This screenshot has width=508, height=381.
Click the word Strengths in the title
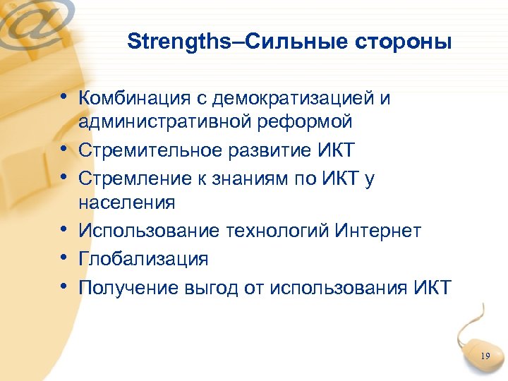pos(179,42)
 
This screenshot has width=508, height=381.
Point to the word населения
pos(126,204)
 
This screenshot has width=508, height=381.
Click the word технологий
pos(278,231)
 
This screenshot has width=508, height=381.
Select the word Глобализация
pos(143,259)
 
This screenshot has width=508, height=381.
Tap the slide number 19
pos(485,356)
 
